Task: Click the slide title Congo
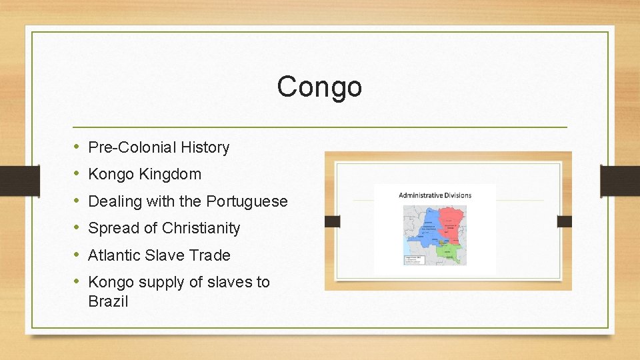click(x=319, y=87)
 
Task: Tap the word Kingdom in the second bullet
click(x=170, y=175)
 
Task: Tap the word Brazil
click(x=108, y=301)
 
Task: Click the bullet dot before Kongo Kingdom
click(x=77, y=174)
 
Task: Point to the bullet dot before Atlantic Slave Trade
click(x=77, y=255)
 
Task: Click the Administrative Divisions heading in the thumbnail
click(x=435, y=195)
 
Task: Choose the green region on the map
click(x=453, y=251)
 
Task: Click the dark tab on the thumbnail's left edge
click(x=333, y=221)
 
